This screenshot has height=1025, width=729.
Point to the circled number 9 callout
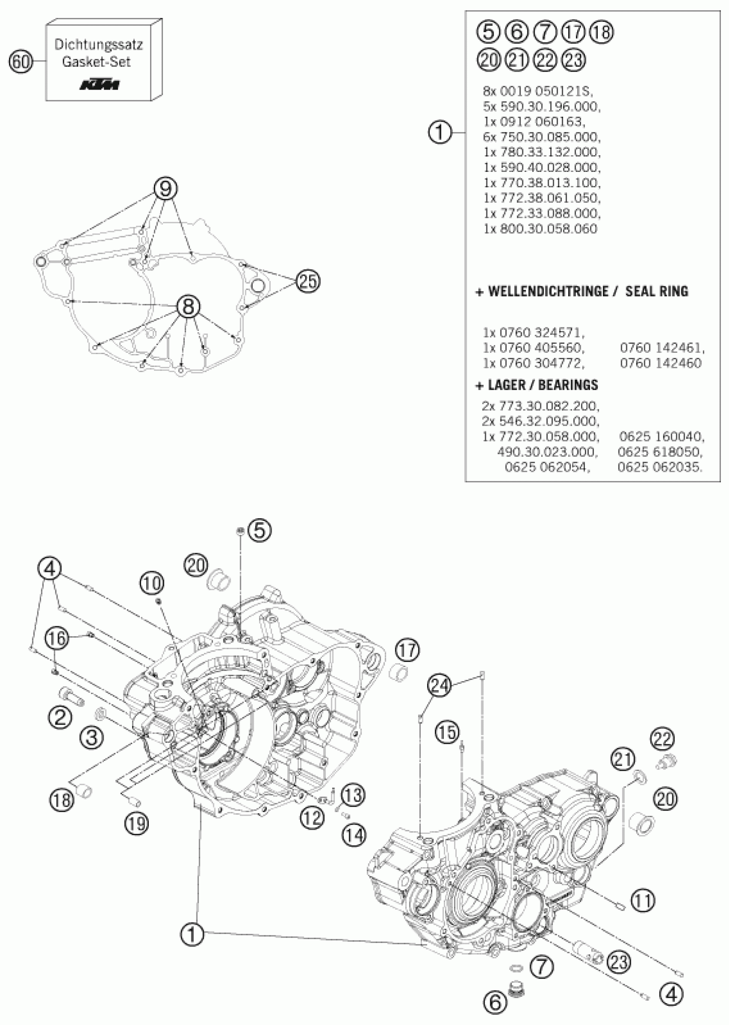[166, 189]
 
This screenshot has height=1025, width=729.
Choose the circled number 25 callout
[308, 281]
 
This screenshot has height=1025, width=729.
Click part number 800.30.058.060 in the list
[540, 229]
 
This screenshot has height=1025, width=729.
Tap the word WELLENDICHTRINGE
[548, 291]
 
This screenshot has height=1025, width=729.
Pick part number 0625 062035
[660, 467]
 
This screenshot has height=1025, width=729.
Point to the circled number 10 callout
[152, 583]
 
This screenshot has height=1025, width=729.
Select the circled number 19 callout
[137, 823]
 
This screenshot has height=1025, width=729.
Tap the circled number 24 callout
[439, 686]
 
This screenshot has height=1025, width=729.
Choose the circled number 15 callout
[448, 732]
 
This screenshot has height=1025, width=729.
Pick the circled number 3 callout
[92, 736]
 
